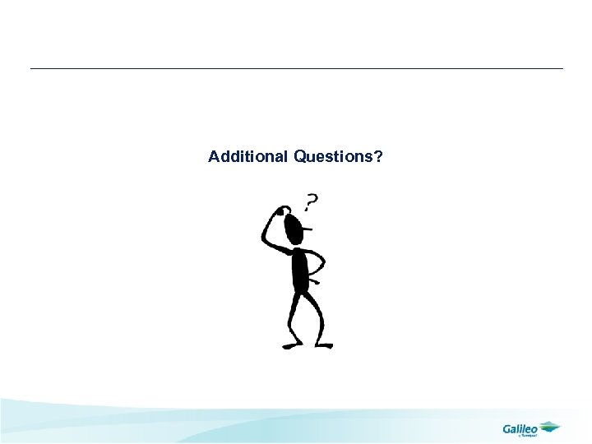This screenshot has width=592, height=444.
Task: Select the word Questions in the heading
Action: coord(333,156)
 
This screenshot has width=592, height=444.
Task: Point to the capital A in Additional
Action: coord(214,156)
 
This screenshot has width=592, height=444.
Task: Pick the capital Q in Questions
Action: coord(299,156)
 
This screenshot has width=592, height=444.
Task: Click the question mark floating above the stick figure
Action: coord(312,201)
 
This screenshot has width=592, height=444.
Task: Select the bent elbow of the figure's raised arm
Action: coord(264,239)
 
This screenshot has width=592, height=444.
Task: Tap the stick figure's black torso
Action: coord(301,270)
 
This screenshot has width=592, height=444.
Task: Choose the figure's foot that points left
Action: coord(290,345)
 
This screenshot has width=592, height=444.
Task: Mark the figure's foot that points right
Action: coord(324,345)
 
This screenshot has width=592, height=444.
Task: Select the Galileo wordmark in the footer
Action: coord(520,428)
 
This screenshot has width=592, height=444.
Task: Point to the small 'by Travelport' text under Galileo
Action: coord(525,436)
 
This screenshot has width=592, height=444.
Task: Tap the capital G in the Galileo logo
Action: coord(507,428)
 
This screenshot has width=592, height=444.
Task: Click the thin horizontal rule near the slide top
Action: coord(296,68)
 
